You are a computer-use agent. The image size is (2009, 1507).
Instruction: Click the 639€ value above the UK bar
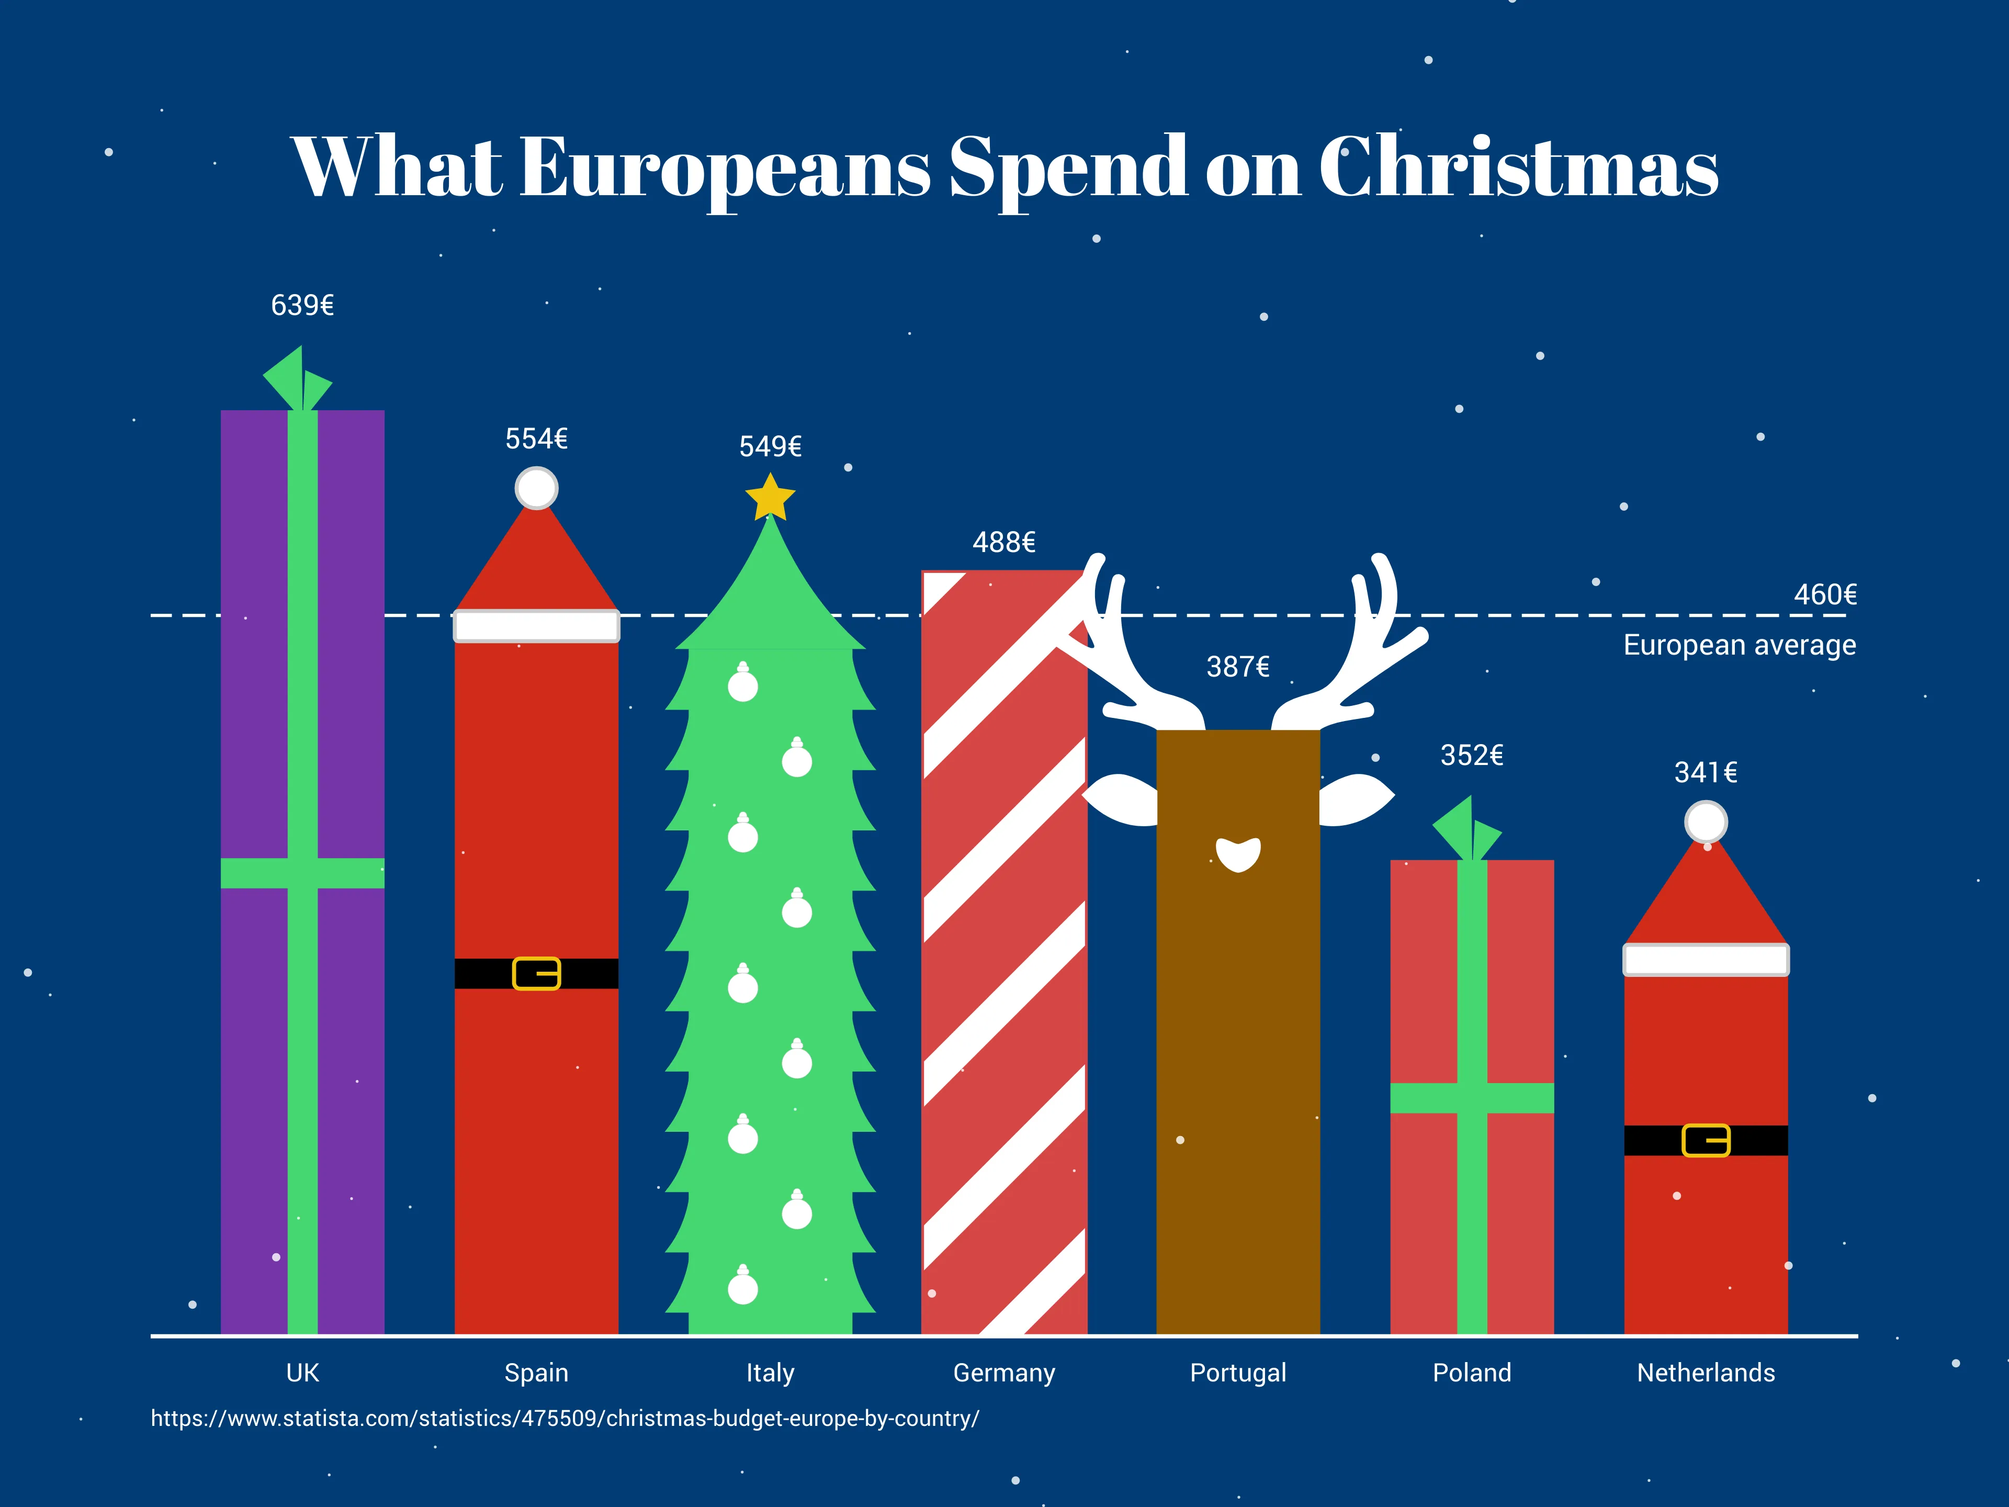302,305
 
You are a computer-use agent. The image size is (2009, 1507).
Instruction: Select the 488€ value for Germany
1003,542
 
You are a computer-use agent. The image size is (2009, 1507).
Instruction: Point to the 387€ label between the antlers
1238,667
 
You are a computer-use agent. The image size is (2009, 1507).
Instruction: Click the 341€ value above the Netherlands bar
1706,772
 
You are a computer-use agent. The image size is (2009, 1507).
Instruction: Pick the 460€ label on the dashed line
1825,595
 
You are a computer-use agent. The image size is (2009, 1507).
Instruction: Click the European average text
1739,645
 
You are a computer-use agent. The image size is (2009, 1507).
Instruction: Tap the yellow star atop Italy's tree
770,498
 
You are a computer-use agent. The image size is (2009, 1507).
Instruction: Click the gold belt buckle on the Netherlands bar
1706,1140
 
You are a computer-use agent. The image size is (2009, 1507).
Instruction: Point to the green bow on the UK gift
298,380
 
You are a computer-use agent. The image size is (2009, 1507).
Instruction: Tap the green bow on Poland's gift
1467,829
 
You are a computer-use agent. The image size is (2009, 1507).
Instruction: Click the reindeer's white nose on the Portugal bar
1238,854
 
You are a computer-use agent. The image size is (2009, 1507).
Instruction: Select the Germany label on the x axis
1003,1373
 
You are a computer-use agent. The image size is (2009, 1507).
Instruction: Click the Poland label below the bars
1471,1373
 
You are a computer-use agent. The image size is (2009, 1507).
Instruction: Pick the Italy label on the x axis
770,1373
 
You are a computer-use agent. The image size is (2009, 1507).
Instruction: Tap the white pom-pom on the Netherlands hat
1706,822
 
